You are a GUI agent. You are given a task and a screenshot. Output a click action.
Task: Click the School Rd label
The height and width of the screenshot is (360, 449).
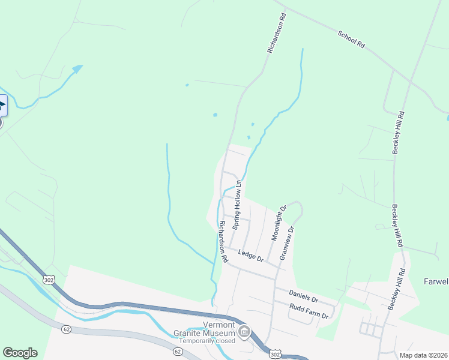click(351, 40)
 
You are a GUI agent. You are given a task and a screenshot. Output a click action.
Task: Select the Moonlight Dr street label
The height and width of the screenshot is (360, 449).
click(279, 223)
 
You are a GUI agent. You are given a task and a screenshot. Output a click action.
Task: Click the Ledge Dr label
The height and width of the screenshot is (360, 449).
click(251, 256)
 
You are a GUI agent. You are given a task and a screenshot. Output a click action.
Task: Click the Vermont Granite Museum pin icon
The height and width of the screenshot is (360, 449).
click(244, 331)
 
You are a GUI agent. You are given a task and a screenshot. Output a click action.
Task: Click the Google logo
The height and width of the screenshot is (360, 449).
click(20, 353)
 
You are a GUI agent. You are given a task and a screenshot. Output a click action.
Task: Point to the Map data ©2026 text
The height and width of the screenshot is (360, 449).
click(423, 355)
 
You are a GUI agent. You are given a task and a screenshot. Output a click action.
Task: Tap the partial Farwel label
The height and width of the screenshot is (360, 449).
click(436, 281)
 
